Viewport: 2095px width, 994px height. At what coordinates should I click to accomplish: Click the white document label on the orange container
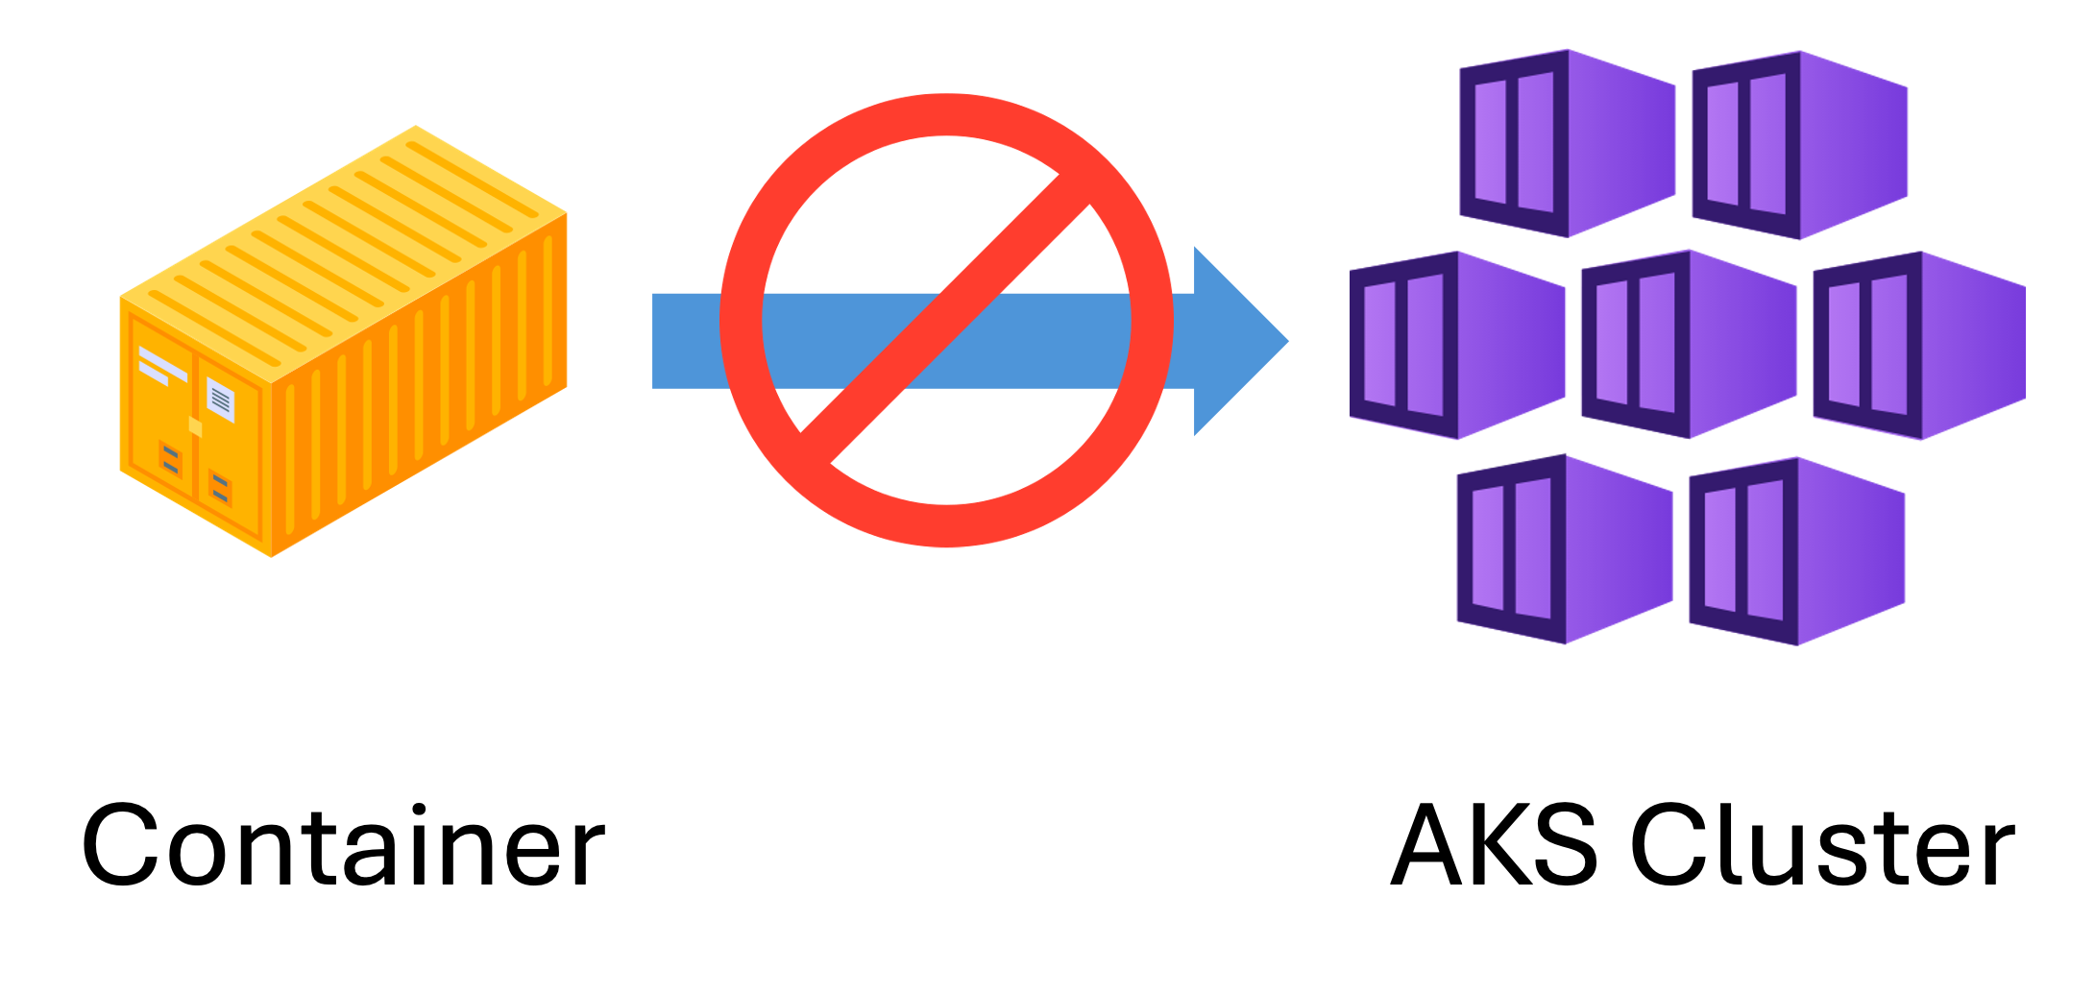click(x=221, y=400)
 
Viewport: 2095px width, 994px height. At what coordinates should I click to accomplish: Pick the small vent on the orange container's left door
click(x=171, y=459)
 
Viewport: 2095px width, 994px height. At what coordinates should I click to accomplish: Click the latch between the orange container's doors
click(x=196, y=426)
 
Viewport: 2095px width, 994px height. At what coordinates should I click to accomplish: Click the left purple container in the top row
click(x=1567, y=143)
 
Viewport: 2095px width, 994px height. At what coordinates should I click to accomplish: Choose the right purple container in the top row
click(x=1799, y=145)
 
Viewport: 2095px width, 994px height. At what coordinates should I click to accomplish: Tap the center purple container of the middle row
click(x=1689, y=345)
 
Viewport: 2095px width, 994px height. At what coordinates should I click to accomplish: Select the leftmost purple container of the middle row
click(x=1457, y=346)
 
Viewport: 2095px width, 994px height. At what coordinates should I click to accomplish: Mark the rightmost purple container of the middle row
click(x=1919, y=346)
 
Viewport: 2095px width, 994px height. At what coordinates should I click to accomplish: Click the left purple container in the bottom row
click(x=1565, y=549)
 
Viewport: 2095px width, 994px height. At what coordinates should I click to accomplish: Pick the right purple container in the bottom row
click(x=1797, y=551)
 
